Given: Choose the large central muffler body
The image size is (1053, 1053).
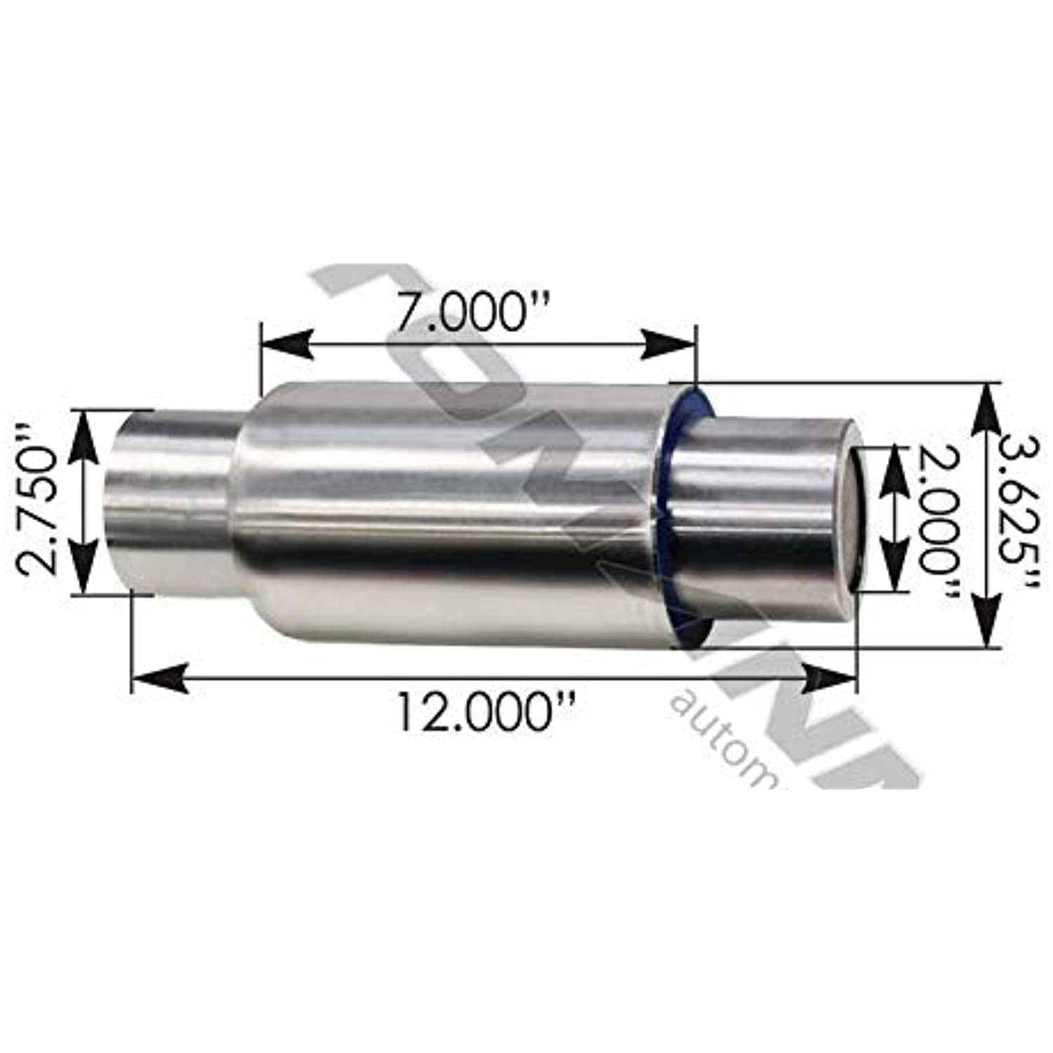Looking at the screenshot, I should click(x=449, y=505).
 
